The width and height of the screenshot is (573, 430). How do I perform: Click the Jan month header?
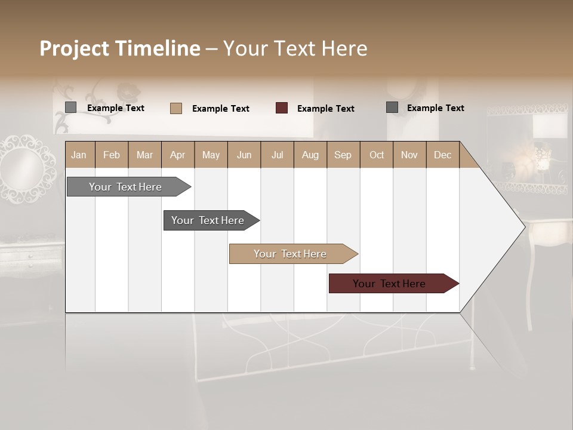tap(79, 155)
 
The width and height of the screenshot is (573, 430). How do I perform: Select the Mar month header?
tap(144, 155)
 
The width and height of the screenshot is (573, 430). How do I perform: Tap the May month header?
tap(211, 155)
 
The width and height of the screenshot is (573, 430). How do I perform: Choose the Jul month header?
tap(277, 155)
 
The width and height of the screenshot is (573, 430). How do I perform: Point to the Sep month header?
tap(343, 155)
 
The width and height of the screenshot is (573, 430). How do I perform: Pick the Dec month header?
tap(442, 155)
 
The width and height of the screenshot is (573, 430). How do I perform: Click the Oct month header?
tap(377, 155)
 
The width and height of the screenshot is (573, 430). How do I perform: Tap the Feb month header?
tap(112, 155)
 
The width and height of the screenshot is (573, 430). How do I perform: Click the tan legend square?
tap(176, 108)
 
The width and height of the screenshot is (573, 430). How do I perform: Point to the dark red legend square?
tap(282, 108)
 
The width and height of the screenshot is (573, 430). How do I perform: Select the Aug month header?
tap(310, 155)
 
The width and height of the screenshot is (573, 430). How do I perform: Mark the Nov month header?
tap(409, 155)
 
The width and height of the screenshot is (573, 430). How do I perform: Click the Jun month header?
tap(244, 155)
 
